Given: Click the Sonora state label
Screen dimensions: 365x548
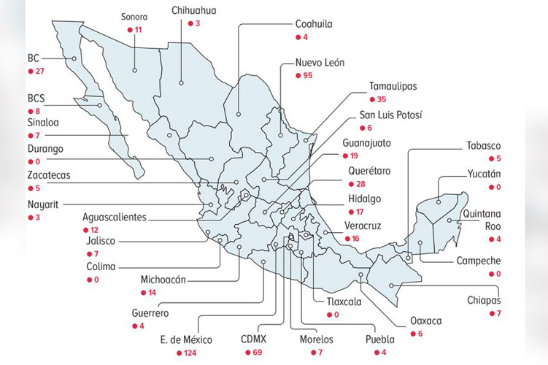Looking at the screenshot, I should click(x=136, y=15).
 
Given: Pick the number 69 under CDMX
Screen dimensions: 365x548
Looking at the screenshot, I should click(x=258, y=353).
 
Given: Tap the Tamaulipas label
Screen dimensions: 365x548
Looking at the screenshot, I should click(x=393, y=85).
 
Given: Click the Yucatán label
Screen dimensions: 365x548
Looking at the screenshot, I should click(x=485, y=174).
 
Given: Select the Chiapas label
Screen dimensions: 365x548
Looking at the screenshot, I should click(x=485, y=299).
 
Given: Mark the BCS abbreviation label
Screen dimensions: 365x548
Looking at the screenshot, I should click(x=36, y=97).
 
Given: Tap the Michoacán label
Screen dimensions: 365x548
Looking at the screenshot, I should click(x=163, y=280).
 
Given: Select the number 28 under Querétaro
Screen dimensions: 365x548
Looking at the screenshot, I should click(x=360, y=184).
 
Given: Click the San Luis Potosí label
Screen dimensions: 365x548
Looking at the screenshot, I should click(x=390, y=115).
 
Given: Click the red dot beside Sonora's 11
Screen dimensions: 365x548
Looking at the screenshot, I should click(x=129, y=29).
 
